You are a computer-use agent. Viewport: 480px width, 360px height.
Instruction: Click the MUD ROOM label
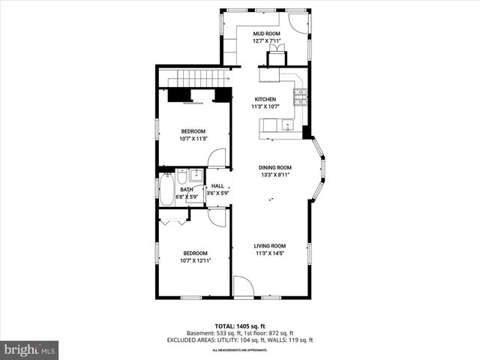pyautogui.click(x=265, y=34)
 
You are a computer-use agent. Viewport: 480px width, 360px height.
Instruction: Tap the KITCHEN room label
pyautogui.click(x=265, y=99)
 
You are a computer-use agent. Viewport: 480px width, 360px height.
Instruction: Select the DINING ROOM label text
pyautogui.click(x=275, y=167)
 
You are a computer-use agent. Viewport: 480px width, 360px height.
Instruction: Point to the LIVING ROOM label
pyautogui.click(x=269, y=246)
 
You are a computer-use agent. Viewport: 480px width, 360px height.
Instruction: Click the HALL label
pyautogui.click(x=217, y=186)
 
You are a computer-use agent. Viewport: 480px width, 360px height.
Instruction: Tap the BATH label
pyautogui.click(x=186, y=190)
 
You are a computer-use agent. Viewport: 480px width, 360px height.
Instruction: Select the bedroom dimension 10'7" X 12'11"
pyautogui.click(x=195, y=261)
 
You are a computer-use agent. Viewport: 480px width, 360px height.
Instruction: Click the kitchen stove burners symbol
pyautogui.click(x=300, y=94)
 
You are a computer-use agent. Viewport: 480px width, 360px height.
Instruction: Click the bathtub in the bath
pyautogui.click(x=166, y=188)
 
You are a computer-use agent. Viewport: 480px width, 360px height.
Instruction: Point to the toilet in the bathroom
pyautogui.click(x=181, y=177)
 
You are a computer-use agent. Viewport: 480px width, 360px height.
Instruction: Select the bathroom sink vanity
pyautogui.click(x=196, y=176)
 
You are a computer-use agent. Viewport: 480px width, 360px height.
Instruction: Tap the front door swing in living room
pyautogui.click(x=244, y=287)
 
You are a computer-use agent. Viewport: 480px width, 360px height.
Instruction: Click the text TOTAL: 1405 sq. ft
pyautogui.click(x=239, y=325)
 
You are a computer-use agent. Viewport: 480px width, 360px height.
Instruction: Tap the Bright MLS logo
pyautogui.click(x=29, y=349)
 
